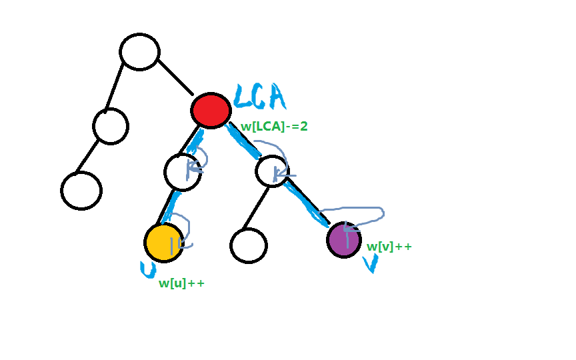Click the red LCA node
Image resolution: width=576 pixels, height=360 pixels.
tap(211, 110)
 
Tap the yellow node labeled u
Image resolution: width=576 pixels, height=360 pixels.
tap(164, 243)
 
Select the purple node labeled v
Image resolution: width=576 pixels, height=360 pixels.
tap(344, 240)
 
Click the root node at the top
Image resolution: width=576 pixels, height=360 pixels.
tap(139, 51)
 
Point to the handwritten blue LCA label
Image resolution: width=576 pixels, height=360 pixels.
tap(260, 97)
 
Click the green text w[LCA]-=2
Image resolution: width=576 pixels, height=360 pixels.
tap(274, 127)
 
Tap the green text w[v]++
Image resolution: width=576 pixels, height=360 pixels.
tap(389, 247)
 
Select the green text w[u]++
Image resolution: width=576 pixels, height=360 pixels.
tap(181, 283)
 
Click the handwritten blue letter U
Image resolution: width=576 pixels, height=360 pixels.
tap(148, 269)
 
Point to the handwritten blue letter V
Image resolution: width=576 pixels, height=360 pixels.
tap(371, 263)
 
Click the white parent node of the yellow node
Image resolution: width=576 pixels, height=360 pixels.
tap(183, 172)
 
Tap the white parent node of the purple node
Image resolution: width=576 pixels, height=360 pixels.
tap(272, 171)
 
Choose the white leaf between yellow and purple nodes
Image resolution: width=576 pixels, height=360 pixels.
tap(248, 245)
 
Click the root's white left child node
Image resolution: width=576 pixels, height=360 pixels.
tap(111, 126)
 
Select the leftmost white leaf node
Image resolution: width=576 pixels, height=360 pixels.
tap(81, 190)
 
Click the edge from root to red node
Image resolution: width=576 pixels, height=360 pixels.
tap(175, 77)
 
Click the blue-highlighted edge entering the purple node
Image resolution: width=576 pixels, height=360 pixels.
tap(308, 203)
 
